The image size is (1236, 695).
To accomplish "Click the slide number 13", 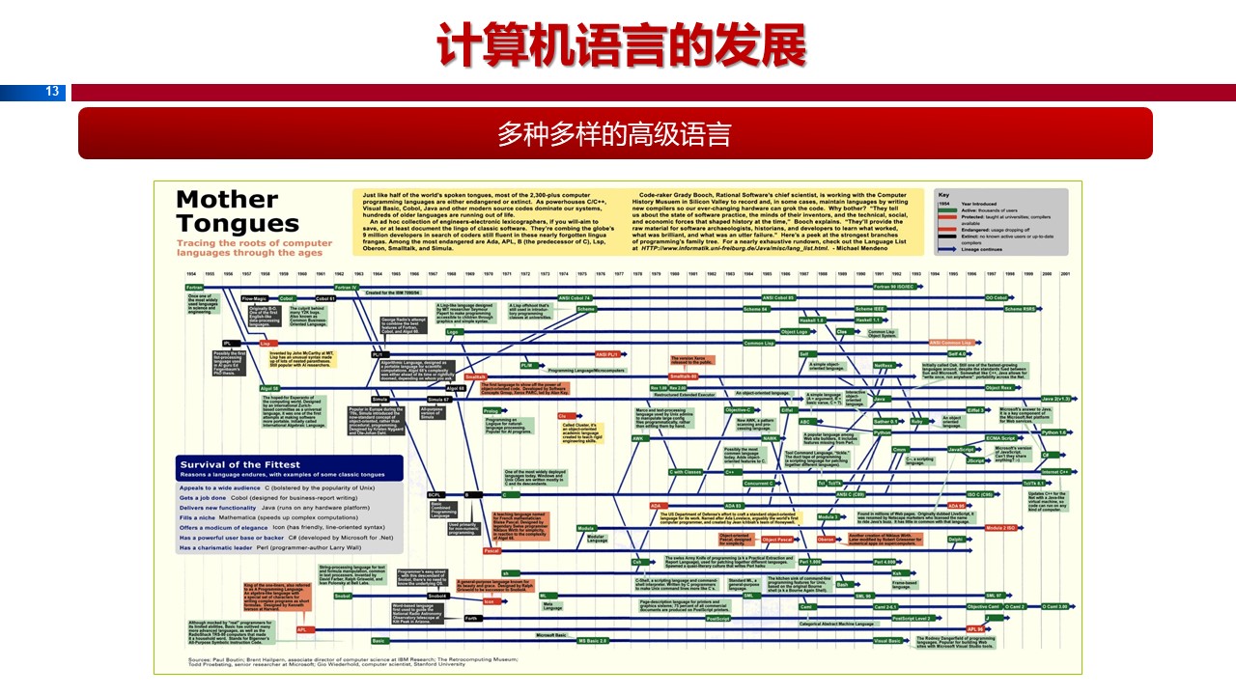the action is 52,92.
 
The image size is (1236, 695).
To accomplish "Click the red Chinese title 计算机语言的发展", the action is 618,43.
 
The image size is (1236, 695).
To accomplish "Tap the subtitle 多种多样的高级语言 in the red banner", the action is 614,133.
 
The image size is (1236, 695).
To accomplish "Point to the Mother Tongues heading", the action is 238,211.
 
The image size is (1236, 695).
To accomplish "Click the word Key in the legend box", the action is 944,194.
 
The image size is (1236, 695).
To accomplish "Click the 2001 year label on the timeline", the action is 1064,274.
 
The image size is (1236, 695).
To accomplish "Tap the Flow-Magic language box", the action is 253,298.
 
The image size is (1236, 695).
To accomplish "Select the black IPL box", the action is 228,343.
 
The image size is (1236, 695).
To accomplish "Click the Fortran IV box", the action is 346,287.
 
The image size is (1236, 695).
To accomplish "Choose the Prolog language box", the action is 491,411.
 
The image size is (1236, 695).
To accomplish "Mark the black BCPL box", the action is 436,495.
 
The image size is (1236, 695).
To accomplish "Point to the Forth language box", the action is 471,618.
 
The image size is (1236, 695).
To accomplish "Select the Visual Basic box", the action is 886,640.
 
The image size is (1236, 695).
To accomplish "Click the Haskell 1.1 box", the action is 868,320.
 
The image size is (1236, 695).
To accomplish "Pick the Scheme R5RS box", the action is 1019,309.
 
